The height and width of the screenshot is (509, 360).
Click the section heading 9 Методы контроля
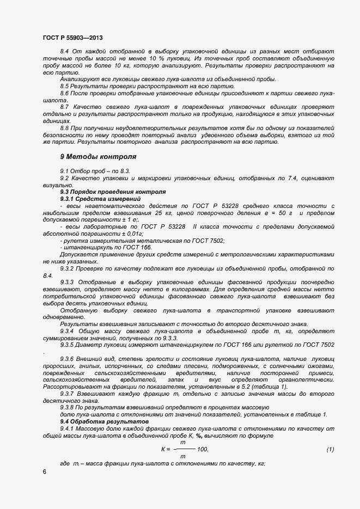[98, 156]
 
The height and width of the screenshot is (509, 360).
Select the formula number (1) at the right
[330, 449]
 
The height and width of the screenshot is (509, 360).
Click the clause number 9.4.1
[68, 429]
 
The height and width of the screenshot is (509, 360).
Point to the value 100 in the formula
[203, 449]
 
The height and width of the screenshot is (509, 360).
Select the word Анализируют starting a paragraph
[78, 79]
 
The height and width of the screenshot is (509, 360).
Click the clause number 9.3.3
[68, 281]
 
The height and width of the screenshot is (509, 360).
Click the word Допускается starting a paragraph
[78, 255]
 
